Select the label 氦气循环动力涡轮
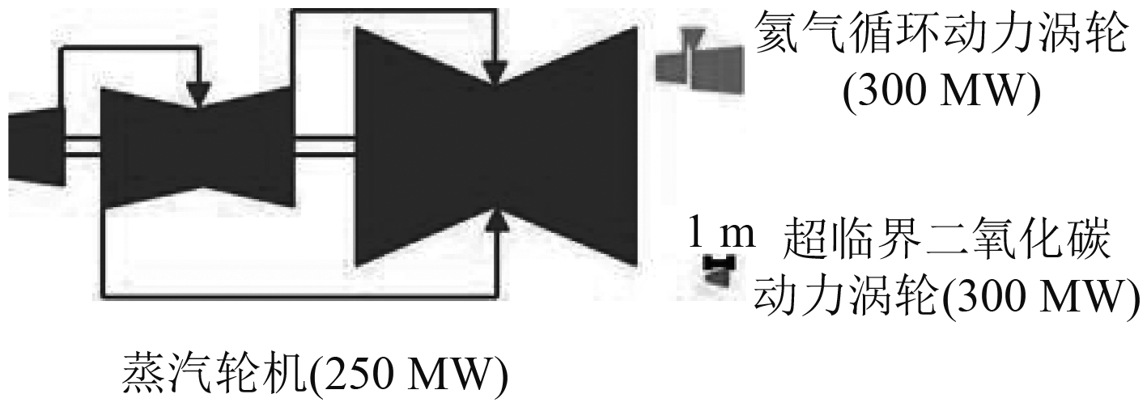tap(940, 36)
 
